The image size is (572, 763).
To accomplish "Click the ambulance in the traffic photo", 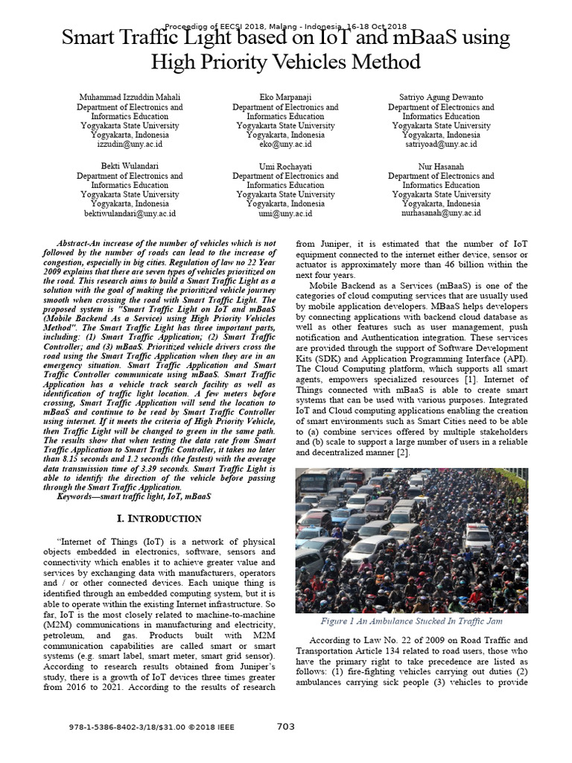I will [476, 537].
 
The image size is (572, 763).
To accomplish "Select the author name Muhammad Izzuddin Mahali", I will [130, 98].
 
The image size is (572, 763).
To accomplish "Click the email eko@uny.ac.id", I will [285, 145].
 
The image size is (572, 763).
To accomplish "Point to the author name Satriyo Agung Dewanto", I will [441, 98].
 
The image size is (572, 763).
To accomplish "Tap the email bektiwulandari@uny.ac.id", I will [130, 213].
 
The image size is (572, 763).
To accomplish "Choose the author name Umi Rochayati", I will [285, 165].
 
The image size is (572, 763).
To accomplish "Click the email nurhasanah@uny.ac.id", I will [441, 213].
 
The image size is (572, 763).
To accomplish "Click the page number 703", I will [287, 727].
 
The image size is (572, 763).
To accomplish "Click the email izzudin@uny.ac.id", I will [130, 145].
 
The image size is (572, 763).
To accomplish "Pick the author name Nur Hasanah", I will [441, 165].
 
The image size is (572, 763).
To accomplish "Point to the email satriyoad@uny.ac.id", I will [441, 145].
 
